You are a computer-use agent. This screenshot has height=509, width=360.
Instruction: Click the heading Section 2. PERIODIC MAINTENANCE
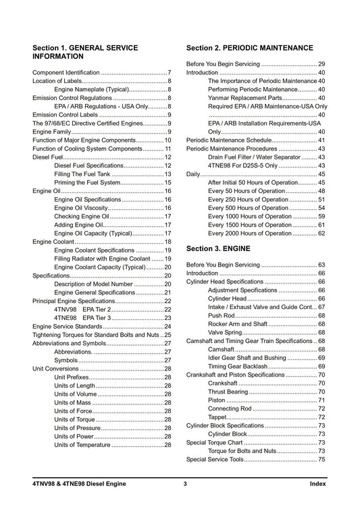click(x=249, y=48)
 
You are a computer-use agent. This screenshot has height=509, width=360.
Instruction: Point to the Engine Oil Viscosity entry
click(x=86, y=208)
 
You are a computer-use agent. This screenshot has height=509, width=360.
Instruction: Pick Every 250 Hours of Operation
click(x=249, y=200)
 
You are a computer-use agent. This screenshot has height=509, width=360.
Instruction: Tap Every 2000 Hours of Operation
click(x=251, y=234)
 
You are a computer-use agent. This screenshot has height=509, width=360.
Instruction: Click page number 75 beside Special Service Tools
click(x=322, y=460)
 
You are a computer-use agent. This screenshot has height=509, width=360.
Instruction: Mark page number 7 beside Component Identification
click(x=170, y=72)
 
